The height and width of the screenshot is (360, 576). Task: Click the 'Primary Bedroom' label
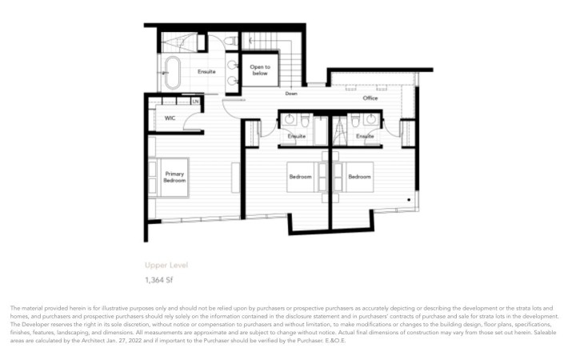click(x=174, y=177)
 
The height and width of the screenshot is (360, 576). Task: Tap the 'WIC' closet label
click(x=170, y=118)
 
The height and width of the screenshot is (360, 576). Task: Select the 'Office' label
click(x=370, y=98)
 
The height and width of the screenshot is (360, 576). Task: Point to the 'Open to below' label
click(x=260, y=70)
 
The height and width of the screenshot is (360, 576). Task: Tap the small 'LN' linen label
click(x=194, y=102)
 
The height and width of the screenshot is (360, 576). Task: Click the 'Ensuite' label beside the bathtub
click(x=206, y=72)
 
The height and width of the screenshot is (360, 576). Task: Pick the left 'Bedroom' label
click(x=301, y=176)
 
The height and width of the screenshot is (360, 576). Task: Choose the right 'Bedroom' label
click(x=359, y=176)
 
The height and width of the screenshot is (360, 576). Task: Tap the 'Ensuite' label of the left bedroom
click(x=297, y=136)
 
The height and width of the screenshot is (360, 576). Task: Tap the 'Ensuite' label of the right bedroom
click(x=366, y=136)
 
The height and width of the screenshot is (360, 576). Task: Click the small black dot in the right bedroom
click(x=409, y=198)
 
